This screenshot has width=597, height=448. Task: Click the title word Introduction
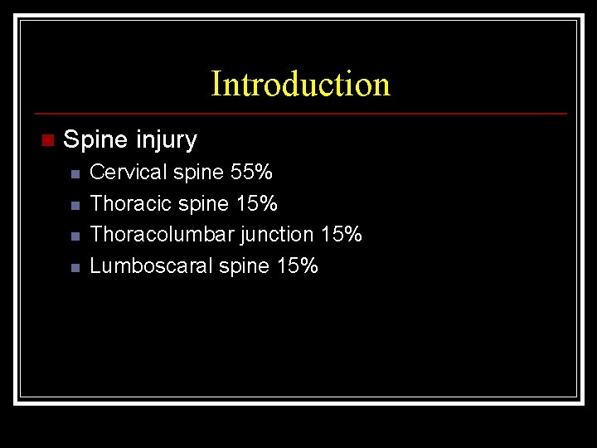tap(300, 84)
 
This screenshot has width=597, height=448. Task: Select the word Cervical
tap(129, 173)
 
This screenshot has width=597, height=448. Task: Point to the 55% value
tap(251, 173)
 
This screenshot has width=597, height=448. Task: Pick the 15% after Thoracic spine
tap(257, 203)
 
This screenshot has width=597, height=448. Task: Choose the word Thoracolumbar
tap(162, 235)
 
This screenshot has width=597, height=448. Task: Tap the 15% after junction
tap(342, 235)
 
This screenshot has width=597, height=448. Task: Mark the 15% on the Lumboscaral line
tap(298, 266)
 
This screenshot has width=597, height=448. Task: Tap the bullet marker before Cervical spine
tap(74, 174)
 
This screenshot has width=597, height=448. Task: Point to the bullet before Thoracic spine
tap(74, 205)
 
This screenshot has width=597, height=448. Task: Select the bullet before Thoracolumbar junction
tap(74, 236)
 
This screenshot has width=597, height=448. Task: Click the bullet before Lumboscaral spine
tap(74, 268)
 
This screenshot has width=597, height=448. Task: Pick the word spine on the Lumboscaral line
tap(245, 267)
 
